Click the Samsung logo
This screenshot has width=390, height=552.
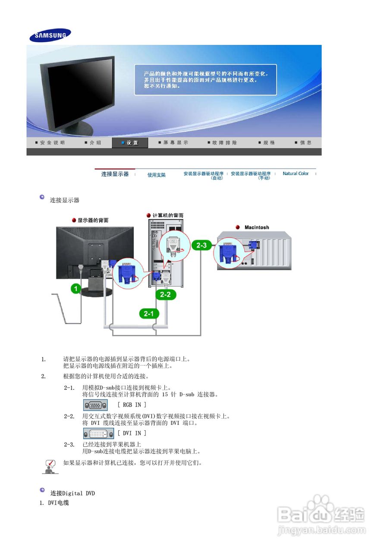click(x=50, y=35)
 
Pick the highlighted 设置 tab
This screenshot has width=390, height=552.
click(x=130, y=143)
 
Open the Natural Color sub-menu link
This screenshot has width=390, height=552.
click(x=296, y=173)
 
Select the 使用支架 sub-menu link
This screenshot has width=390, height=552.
click(x=156, y=175)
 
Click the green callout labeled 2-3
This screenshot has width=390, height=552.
click(x=202, y=245)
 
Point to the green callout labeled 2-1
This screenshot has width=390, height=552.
click(x=149, y=314)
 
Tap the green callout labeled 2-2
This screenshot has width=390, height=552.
click(x=166, y=295)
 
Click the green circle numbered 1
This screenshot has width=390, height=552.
click(x=76, y=289)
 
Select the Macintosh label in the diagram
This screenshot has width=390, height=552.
click(x=256, y=227)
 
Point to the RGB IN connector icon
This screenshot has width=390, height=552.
click(x=95, y=405)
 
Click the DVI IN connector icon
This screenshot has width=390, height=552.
click(x=98, y=433)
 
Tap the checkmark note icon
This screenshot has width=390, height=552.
click(x=50, y=466)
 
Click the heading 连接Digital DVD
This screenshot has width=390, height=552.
click(x=72, y=493)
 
